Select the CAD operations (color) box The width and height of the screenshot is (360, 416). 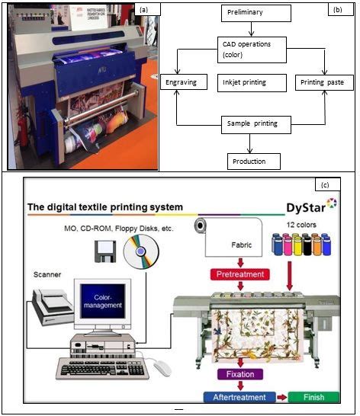(251, 50)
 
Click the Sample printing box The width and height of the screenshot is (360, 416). (250, 123)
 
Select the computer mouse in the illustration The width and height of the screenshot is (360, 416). (161, 368)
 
